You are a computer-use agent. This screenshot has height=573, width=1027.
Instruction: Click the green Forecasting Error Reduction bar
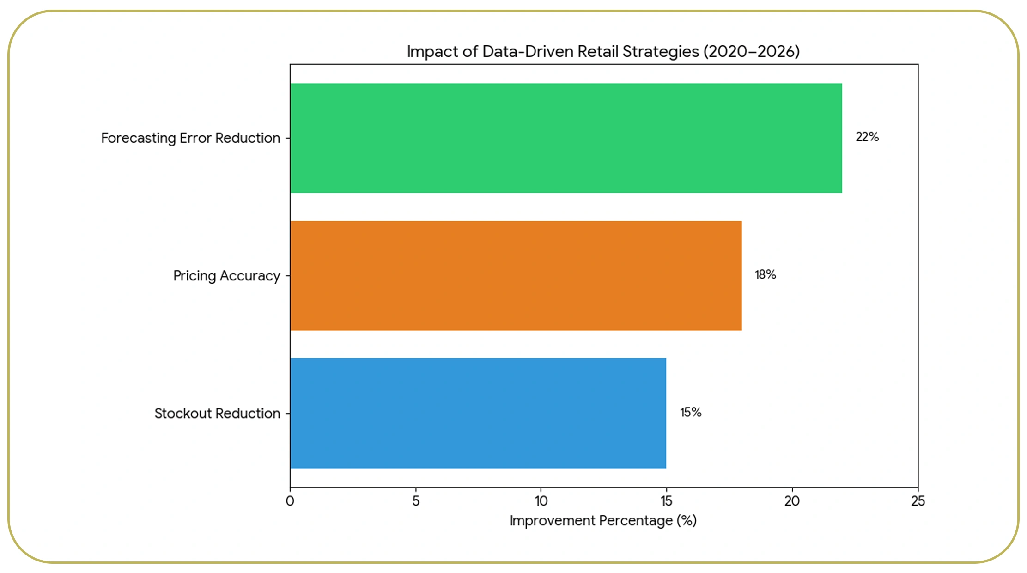click(x=566, y=138)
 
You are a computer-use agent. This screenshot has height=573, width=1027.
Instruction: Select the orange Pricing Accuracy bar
click(x=516, y=275)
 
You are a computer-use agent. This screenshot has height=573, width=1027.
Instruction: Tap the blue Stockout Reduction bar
click(x=478, y=413)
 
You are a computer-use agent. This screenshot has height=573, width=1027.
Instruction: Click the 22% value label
click(x=867, y=137)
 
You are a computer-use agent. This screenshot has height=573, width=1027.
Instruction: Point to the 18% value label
click(x=765, y=274)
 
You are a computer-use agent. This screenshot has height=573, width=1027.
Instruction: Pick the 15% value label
click(x=690, y=412)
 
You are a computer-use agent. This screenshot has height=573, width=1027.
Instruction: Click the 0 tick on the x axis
click(x=290, y=501)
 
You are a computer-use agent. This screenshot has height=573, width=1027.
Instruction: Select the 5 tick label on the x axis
click(x=415, y=501)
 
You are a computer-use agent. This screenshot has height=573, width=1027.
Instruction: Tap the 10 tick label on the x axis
click(x=541, y=501)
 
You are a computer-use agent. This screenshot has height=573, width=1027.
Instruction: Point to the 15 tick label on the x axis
click(x=666, y=501)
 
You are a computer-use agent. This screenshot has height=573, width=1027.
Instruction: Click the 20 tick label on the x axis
click(x=792, y=501)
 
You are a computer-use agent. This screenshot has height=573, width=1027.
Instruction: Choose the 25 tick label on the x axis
click(x=918, y=501)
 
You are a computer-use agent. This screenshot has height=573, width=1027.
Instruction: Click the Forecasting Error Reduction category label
click(x=190, y=138)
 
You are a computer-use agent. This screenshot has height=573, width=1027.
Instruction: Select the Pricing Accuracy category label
click(x=226, y=276)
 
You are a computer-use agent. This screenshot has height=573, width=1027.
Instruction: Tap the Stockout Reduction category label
click(x=217, y=413)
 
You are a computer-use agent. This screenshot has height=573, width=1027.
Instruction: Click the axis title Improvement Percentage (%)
click(x=603, y=521)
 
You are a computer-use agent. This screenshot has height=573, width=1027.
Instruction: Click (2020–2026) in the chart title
click(x=752, y=51)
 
